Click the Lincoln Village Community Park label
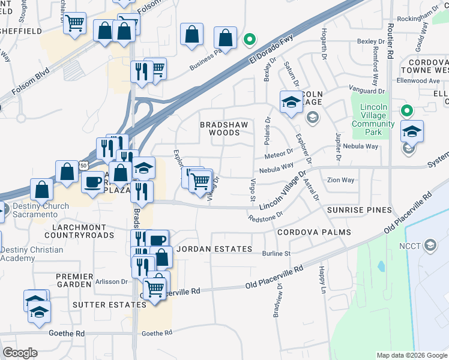[373, 119]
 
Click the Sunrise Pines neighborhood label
[360, 210]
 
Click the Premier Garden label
[75, 281]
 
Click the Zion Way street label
[340, 180]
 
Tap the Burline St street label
[276, 254]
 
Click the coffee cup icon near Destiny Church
[92, 182]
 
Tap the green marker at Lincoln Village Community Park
[406, 111]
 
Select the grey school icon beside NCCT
[430, 245]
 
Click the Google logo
[20, 353]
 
